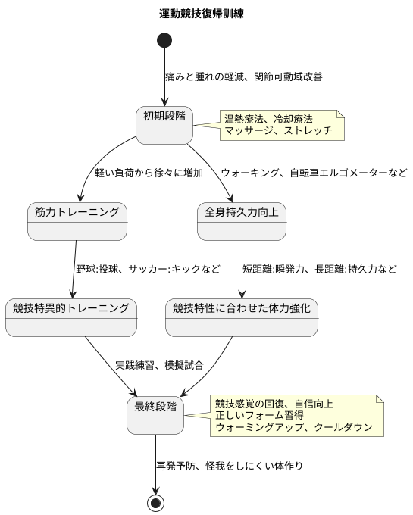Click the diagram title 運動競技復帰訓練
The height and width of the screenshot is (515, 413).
pos(202,14)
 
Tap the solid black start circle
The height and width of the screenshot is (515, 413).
pos(164,40)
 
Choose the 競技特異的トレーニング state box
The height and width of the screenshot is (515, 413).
pos(71,317)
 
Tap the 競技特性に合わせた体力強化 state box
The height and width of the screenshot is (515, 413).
pos(242,317)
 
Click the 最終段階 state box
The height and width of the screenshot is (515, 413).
pos(155,415)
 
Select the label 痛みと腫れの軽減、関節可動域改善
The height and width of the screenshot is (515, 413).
pos(243,76)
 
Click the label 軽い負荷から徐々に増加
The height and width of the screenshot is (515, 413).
pos(149,173)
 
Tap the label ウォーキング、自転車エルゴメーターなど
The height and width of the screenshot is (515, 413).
pos(314,173)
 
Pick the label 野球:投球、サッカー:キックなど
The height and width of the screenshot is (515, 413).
pos(148,269)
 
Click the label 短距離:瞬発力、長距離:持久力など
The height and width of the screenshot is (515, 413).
pos(319,269)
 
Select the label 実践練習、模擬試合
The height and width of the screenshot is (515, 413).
pos(159,365)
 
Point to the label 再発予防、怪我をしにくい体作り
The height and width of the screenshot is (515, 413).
pos(230,465)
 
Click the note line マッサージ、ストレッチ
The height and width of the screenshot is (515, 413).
pos(278,130)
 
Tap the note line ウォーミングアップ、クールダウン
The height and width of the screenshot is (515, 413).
pos(294,427)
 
